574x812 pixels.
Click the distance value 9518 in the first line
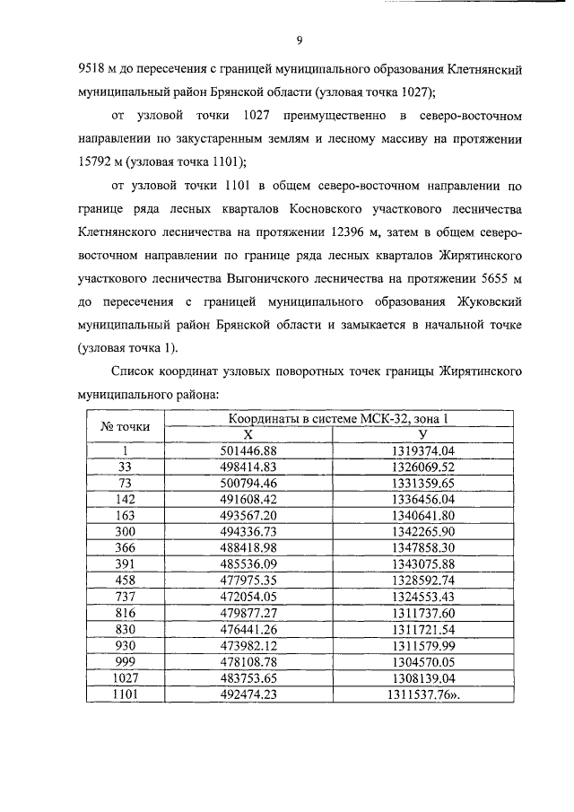pos(94,68)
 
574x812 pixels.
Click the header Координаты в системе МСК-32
pos(331,418)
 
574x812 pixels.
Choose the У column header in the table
pos(423,433)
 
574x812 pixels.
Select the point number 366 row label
pos(126,547)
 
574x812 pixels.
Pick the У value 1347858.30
pos(423,547)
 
